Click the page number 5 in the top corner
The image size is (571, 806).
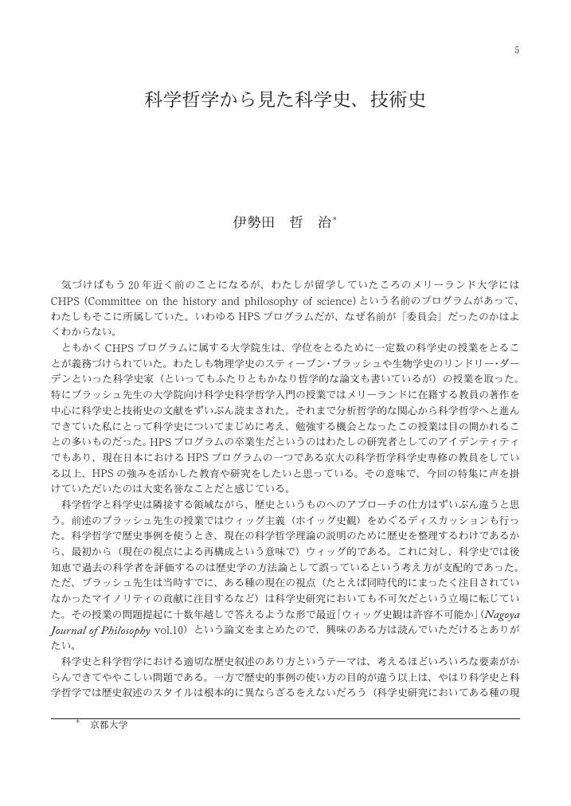[x=517, y=51]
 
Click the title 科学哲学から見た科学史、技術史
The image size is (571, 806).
[x=285, y=100]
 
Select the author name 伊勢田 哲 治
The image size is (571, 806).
[x=282, y=223]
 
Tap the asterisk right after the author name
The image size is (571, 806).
[x=335, y=219]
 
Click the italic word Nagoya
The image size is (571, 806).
[x=500, y=615]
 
